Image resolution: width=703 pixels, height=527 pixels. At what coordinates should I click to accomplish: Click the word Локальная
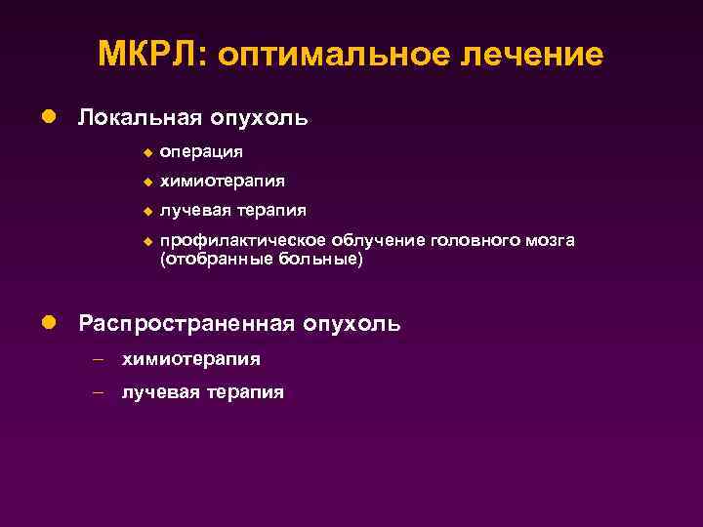138,118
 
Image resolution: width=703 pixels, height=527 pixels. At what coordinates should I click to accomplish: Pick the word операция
202,152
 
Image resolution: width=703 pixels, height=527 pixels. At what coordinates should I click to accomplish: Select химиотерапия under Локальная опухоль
223,181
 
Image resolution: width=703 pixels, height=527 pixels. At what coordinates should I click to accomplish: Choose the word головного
475,240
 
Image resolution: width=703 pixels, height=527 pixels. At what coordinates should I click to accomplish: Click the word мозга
552,240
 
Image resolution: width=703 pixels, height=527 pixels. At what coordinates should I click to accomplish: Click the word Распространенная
186,323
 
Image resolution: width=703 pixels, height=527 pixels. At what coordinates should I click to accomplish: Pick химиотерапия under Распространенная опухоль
190,359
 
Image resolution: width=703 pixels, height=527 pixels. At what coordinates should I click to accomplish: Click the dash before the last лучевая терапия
99,392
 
